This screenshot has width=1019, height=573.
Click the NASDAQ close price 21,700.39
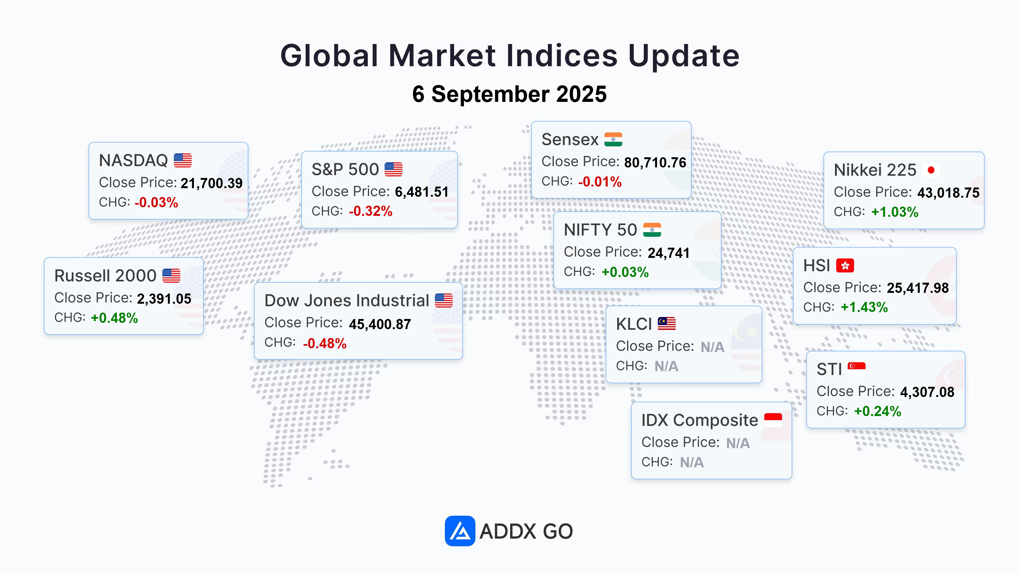pos(212,183)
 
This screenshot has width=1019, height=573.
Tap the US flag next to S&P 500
pos(394,169)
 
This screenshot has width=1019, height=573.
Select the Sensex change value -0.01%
pos(600,181)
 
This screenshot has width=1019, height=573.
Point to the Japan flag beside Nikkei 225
pos(931,170)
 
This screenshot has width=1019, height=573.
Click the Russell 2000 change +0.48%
pos(114,318)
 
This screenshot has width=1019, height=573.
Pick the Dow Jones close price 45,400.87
pos(380,324)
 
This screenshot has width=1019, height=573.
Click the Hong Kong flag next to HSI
pos(845,265)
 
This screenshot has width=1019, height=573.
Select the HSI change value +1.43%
pos(864,307)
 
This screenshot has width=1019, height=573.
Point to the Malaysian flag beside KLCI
pos(667,324)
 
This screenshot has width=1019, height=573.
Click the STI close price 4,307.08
pos(927,392)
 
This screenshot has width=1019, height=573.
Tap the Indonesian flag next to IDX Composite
pos(773,420)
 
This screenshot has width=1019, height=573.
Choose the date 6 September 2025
pos(509,94)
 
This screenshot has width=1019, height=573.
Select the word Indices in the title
pos(562,55)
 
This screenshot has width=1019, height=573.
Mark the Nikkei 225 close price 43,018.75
pos(949,193)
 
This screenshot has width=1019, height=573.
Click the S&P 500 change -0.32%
pos(371,211)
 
